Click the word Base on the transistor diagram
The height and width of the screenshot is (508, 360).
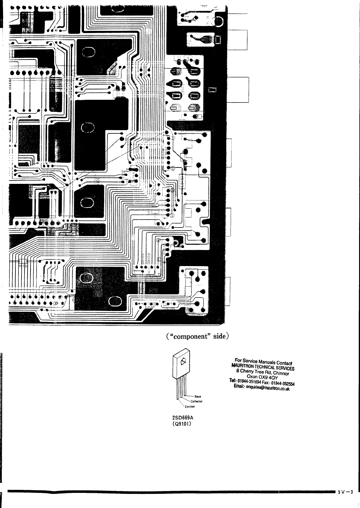tap(198, 396)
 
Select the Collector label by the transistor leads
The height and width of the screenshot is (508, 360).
tap(196, 402)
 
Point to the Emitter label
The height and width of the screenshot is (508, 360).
tap(190, 407)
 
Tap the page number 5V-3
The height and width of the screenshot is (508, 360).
tap(346, 492)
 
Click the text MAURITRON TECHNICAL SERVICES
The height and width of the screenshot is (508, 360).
tap(263, 366)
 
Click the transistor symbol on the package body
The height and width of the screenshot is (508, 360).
tap(183, 361)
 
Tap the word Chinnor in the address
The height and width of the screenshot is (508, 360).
tap(281, 373)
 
